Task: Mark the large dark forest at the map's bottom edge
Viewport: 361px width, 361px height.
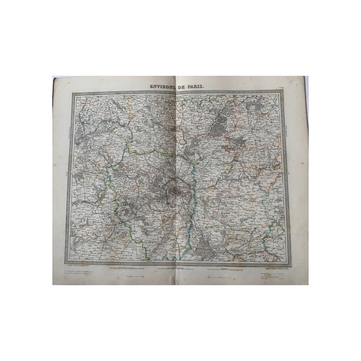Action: pos(204,248)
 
